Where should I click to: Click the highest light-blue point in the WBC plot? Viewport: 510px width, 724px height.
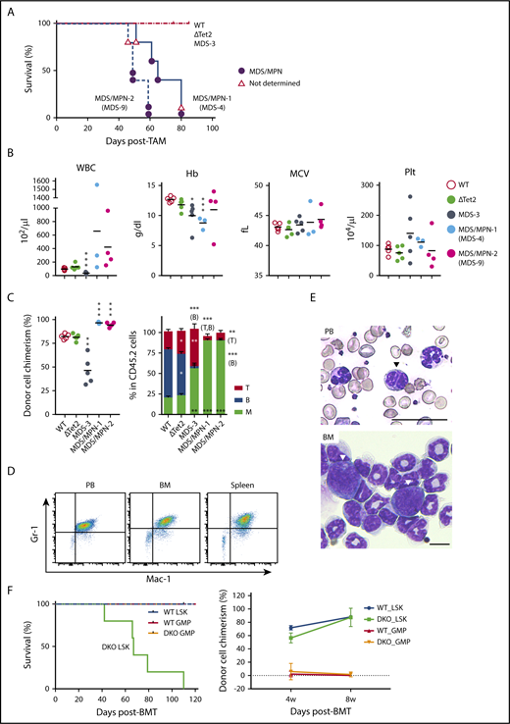[x=98, y=184]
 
